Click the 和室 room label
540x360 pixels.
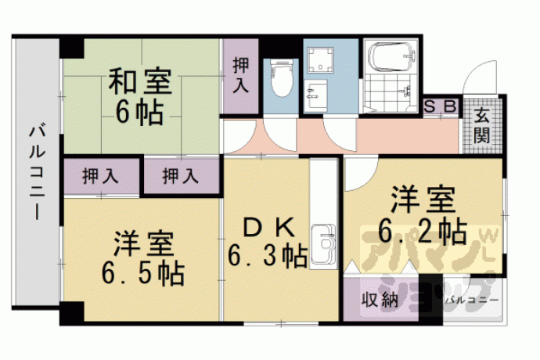coord(140,81)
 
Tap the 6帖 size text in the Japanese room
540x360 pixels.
coord(139,113)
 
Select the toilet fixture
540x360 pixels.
coord(282,78)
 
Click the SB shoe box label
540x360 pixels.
coord(441,106)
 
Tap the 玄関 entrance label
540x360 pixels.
coord(482,126)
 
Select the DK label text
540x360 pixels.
coord(269,228)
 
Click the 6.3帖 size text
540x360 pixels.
coord(268,256)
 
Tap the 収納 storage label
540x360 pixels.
coord(380,300)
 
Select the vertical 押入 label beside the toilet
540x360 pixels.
coord(241,75)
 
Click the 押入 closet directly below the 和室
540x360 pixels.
coord(181,175)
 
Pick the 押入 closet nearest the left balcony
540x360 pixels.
coord(100,175)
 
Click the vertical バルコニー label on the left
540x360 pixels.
coord(36,173)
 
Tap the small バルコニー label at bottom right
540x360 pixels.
coord(472,301)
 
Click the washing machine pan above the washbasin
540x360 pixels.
coord(320,60)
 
